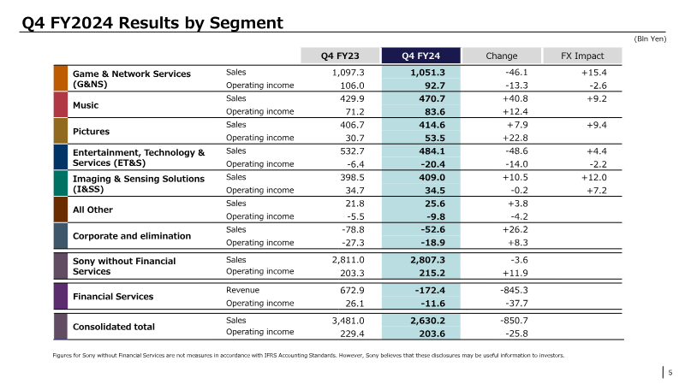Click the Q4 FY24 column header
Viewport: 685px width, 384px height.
pos(420,56)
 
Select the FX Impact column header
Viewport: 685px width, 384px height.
pos(582,56)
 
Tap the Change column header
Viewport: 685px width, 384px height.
pos(502,56)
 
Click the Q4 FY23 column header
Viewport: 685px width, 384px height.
pos(340,56)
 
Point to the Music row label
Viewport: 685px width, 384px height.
pos(86,105)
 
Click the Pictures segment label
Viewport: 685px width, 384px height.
pos(91,132)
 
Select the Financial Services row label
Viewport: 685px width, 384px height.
pos(113,297)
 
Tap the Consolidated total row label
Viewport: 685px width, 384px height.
pos(114,327)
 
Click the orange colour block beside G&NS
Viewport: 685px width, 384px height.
pos(61,78)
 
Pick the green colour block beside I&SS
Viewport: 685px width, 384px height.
pos(61,183)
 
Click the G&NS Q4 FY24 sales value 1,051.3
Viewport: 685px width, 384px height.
pos(427,73)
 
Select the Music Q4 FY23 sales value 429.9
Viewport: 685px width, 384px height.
pos(352,98)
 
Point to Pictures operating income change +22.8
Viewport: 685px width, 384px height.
pos(515,138)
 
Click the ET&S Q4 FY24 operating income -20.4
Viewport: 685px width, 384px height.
pos(432,164)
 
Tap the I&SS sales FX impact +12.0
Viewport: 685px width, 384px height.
pos(593,177)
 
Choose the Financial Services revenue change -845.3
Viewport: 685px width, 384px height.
pos(514,290)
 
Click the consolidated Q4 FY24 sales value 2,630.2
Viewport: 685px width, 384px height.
pos(427,321)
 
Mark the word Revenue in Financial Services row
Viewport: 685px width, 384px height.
pos(242,290)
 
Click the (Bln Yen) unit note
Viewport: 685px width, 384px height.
pos(650,38)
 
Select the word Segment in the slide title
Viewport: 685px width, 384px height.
pos(247,23)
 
